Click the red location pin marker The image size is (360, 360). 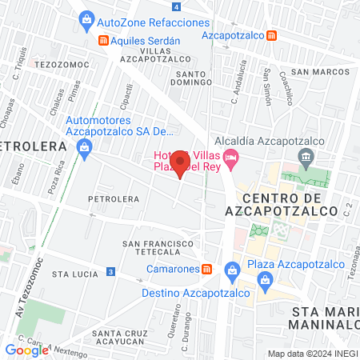pos(181,163)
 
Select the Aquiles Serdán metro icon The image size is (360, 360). pos(102,40)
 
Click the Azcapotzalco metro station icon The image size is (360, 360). pos(272,36)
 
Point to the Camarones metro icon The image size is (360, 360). pos(207,270)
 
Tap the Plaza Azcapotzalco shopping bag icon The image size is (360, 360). pos(265,279)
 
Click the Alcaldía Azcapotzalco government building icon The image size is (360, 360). pos(304,156)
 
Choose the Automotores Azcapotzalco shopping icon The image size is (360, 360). pos(84,147)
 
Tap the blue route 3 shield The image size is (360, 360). pos(110,273)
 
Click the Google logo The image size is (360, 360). pos(26,350)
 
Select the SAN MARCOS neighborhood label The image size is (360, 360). pos(320,72)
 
